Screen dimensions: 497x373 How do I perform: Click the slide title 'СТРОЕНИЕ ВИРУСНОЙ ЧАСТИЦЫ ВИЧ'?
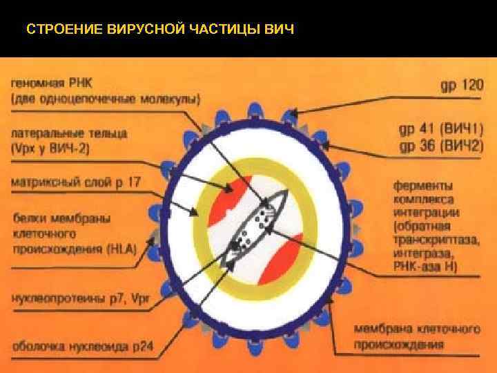click(159, 30)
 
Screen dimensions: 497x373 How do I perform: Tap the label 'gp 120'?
click(462, 86)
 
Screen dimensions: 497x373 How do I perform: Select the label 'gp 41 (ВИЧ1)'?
click(441, 131)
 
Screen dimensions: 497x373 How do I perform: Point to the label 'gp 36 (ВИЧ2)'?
click(441, 146)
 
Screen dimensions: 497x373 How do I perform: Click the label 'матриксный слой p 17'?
click(76, 182)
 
